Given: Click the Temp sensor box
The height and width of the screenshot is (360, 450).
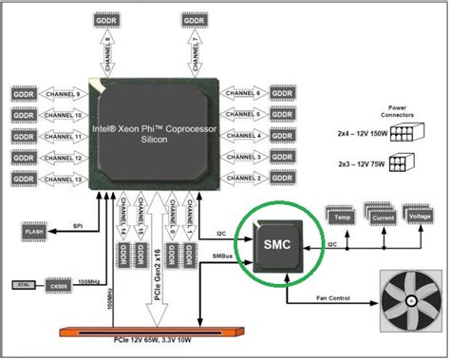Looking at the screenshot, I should coord(343,218).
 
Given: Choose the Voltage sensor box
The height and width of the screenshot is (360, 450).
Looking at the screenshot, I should coord(419,216).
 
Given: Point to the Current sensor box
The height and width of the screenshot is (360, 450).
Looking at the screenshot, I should coord(381,218).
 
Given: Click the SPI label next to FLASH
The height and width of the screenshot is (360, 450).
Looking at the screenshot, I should coord(79,225).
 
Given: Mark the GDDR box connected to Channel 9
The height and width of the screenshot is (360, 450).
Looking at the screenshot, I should coord(24,95).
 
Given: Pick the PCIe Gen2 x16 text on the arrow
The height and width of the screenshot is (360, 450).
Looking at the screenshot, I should coord(156,261).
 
